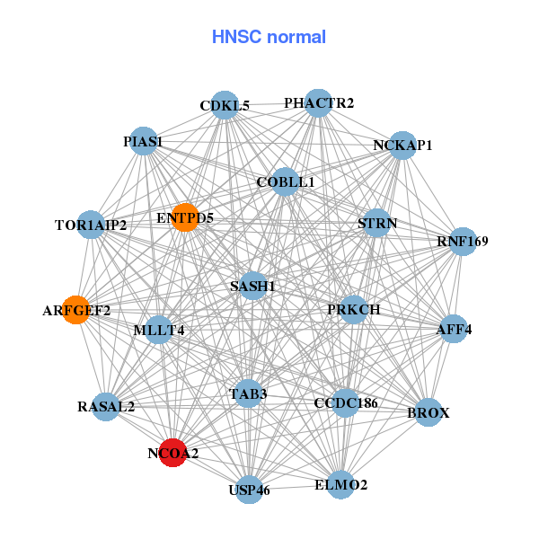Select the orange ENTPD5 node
[184, 217]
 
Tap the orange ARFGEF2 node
[76, 310]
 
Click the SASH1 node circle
[253, 286]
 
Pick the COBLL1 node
[284, 181]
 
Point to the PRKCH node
[354, 309]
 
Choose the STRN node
[376, 223]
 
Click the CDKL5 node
[225, 105]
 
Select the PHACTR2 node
[318, 102]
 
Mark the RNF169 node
[462, 241]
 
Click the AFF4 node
[453, 329]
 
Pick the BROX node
[429, 412]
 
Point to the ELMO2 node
[341, 485]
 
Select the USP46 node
[249, 490]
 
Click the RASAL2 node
[106, 406]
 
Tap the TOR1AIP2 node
[91, 224]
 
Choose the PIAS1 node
[144, 141]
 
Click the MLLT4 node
[158, 330]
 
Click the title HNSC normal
[269, 37]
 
